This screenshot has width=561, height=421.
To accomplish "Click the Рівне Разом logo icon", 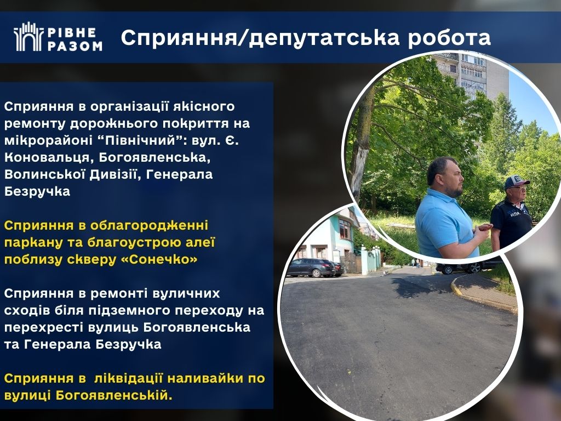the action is [x=28, y=37].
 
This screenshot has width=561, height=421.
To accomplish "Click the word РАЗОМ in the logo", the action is [x=75, y=45].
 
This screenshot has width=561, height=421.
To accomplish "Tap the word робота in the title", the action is [x=449, y=38].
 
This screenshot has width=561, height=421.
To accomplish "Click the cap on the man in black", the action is [x=516, y=181].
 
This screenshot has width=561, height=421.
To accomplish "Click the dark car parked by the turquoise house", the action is [x=311, y=268].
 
